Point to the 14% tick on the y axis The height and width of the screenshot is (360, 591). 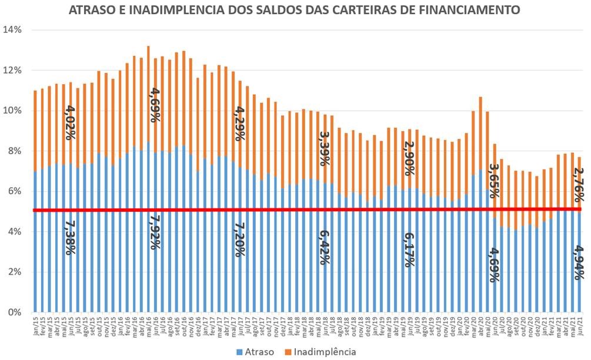click(12, 30)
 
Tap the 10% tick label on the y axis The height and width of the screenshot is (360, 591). click(12, 111)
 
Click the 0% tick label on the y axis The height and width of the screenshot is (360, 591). click(15, 312)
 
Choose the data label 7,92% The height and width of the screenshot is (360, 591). click(154, 232)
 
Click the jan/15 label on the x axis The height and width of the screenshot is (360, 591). click(35, 325)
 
